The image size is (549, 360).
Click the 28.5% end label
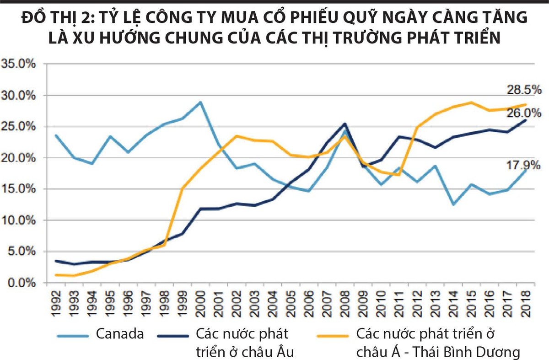[524, 90]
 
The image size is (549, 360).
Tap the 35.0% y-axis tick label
[19, 64]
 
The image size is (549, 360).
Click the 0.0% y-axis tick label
[21, 283]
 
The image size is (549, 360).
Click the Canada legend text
[120, 334]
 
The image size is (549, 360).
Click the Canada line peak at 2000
[200, 102]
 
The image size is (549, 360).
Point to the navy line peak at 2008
[344, 124]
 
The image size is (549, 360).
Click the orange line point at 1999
[182, 188]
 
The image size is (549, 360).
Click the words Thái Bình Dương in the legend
[467, 352]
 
